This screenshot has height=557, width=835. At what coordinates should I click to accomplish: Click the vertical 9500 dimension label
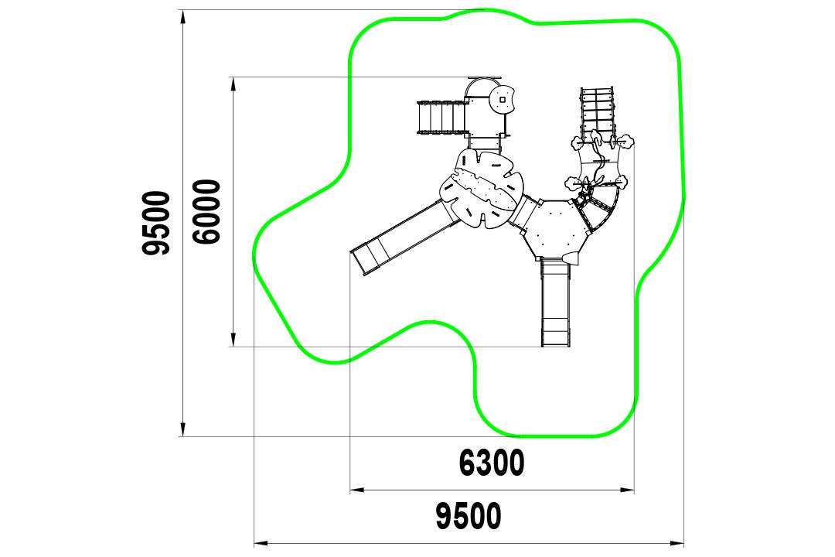[x=156, y=222]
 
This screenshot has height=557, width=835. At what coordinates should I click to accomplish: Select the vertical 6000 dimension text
[x=206, y=212]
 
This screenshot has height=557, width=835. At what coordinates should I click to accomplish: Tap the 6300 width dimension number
[x=492, y=463]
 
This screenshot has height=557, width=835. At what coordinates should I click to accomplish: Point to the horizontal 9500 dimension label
[x=469, y=516]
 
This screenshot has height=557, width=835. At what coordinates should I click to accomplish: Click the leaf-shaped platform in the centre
[x=481, y=189]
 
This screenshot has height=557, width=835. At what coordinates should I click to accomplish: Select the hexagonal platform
[x=557, y=228]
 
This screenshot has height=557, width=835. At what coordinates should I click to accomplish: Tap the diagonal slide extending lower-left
[x=400, y=238]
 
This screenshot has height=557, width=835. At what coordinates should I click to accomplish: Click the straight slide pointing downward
[x=555, y=302]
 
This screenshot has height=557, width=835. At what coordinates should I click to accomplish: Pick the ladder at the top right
[x=596, y=112]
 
